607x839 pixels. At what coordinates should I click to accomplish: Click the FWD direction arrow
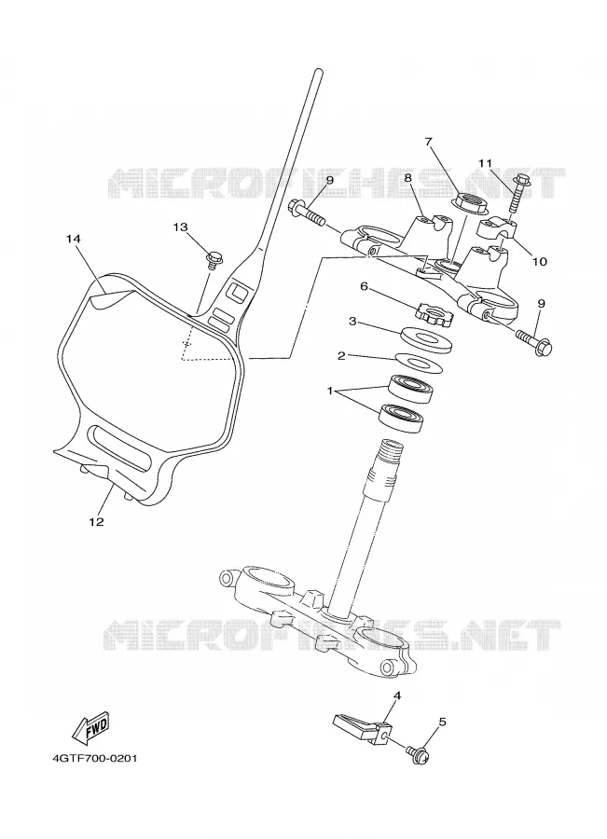click(x=91, y=729)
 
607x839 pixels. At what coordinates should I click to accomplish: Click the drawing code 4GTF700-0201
click(x=95, y=759)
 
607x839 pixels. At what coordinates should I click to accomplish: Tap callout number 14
click(x=74, y=240)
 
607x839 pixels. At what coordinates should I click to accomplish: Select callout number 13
click(x=180, y=227)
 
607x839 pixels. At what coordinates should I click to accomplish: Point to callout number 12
click(x=96, y=522)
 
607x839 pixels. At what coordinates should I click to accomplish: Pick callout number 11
click(x=485, y=162)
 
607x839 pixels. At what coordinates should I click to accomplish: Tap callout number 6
click(x=364, y=287)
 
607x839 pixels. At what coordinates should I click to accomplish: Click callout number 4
click(x=397, y=695)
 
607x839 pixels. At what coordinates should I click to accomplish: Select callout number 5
click(x=442, y=722)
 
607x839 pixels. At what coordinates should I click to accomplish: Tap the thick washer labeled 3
click(x=428, y=339)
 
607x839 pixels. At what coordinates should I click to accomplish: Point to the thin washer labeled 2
click(x=420, y=363)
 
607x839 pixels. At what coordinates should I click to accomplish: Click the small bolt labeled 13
click(x=213, y=260)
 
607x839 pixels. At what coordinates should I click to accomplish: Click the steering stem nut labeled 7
click(x=469, y=202)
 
